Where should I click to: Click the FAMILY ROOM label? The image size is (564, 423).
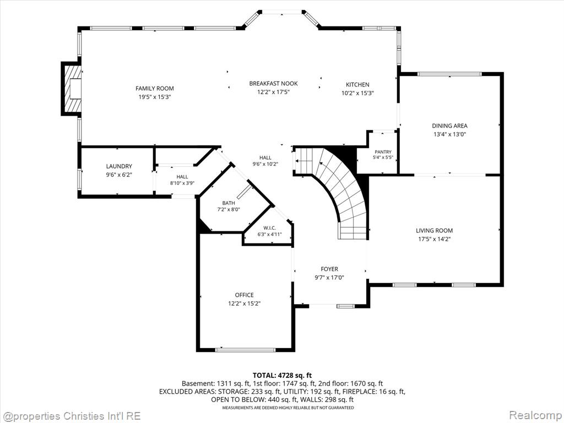click(x=155, y=89)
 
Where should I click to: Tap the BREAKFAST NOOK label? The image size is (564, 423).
click(x=273, y=84)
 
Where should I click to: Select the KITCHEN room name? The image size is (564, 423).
click(x=357, y=85)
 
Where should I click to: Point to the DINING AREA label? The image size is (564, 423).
click(x=449, y=126)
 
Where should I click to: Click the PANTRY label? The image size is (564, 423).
click(x=383, y=152)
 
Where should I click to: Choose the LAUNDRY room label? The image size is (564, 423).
click(x=119, y=166)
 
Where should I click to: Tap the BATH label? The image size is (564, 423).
click(x=229, y=203)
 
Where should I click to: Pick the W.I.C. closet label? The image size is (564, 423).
click(x=269, y=228)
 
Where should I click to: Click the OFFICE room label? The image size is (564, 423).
click(x=244, y=295)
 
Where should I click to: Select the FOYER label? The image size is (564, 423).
click(x=329, y=269)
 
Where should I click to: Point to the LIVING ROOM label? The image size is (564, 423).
click(x=434, y=231)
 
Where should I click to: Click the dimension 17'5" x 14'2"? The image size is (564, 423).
click(x=434, y=239)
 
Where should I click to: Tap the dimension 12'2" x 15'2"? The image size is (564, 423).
click(x=244, y=303)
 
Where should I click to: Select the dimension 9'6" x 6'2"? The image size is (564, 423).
click(x=119, y=175)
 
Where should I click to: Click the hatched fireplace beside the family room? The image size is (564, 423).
click(x=71, y=89)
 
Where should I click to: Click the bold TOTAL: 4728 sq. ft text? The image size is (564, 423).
click(x=282, y=376)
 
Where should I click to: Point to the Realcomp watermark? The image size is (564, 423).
click(x=535, y=416)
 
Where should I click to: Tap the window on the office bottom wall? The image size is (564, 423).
click(x=245, y=350)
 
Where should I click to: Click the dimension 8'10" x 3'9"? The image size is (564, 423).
click(x=182, y=183)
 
